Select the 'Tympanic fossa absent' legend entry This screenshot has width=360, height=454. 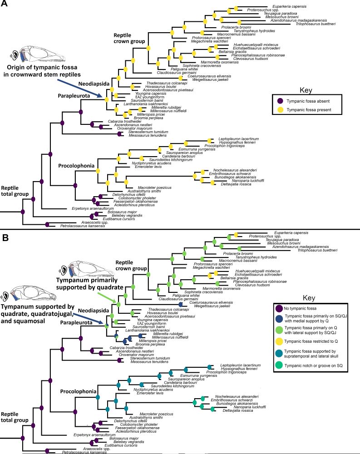tap(306, 100)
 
